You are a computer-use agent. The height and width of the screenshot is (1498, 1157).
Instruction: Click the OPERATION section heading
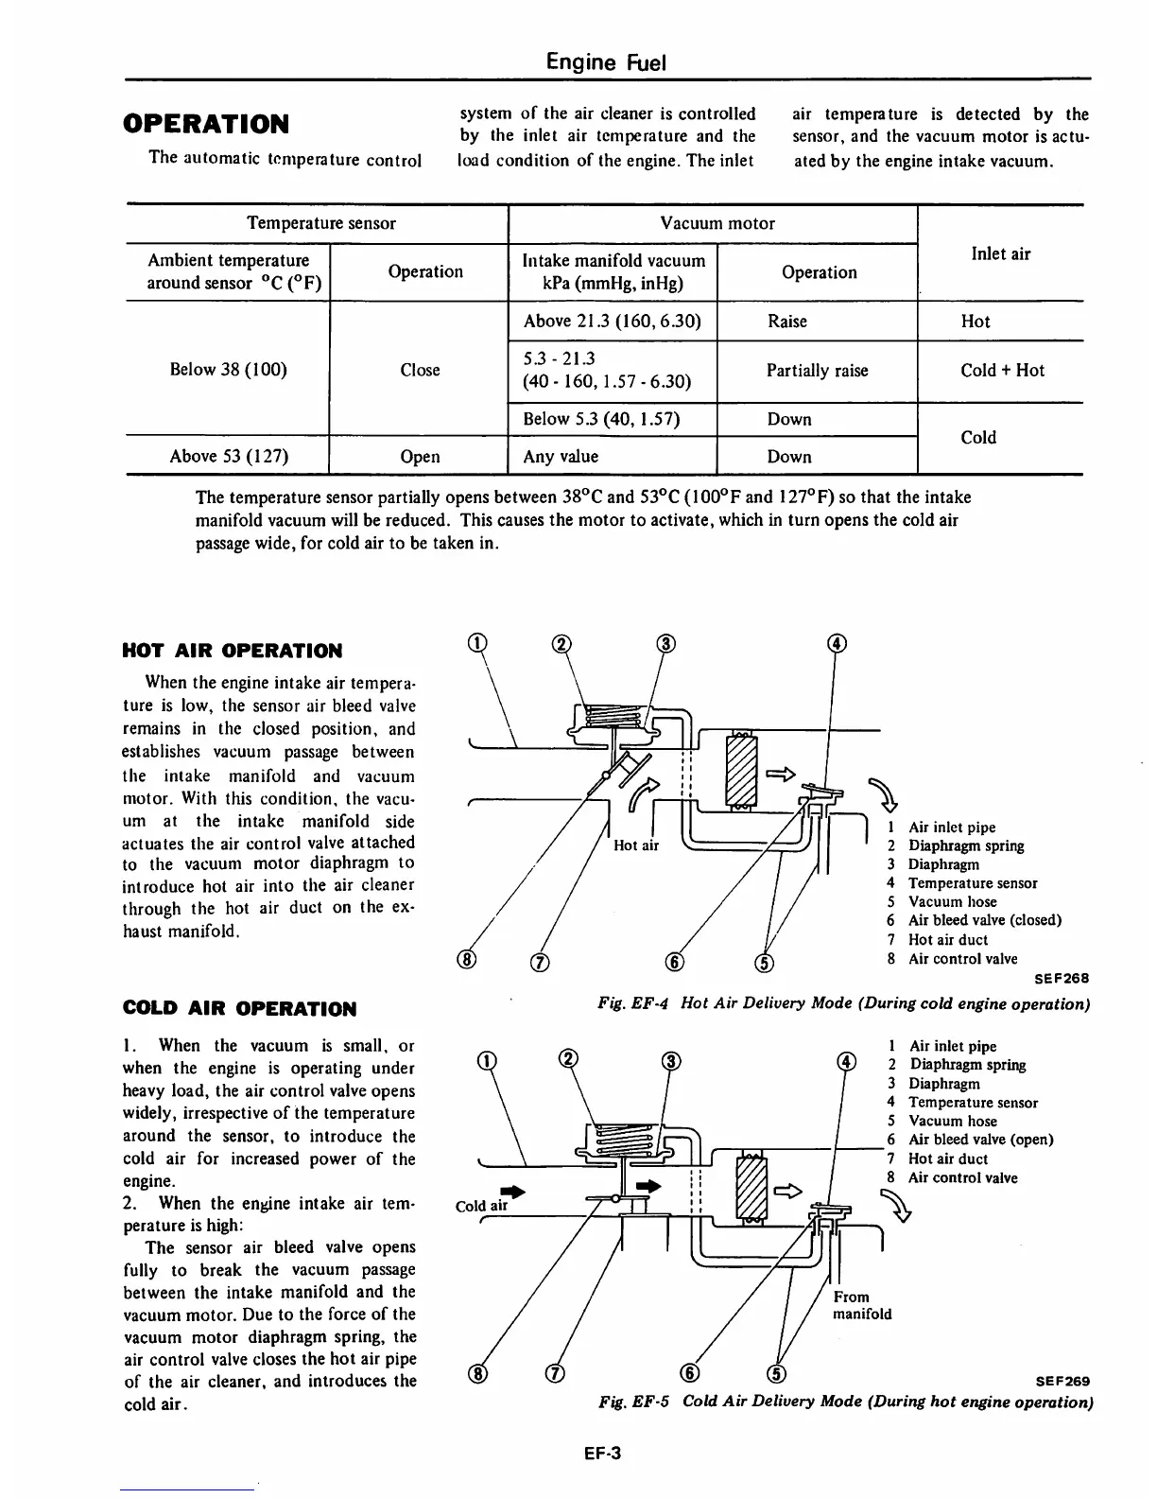206,124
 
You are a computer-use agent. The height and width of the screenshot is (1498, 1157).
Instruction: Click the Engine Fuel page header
607,62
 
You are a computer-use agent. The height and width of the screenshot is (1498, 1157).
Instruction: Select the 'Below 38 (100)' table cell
228,370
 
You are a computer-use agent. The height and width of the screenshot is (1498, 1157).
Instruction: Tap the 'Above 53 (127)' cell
229,456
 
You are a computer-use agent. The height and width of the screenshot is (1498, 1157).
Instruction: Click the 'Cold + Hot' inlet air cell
1002,371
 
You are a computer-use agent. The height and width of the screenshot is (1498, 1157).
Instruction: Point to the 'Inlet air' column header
1000,253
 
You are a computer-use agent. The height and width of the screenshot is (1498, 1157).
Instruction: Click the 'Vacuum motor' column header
717,223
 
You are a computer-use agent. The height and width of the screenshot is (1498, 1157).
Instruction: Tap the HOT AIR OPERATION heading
233,651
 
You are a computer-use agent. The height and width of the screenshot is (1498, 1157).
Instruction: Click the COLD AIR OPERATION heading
240,1009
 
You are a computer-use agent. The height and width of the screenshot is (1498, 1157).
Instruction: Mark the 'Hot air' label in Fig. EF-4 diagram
636,845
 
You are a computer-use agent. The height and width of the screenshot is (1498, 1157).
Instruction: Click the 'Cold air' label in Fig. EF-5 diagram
481,1206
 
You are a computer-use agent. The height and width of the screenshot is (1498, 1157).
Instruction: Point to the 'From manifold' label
861,1305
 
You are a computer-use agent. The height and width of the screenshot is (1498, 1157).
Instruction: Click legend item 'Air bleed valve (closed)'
984,920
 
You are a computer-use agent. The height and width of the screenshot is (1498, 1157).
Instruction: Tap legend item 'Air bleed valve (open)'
980,1140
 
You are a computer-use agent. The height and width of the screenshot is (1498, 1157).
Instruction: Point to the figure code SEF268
1062,978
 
